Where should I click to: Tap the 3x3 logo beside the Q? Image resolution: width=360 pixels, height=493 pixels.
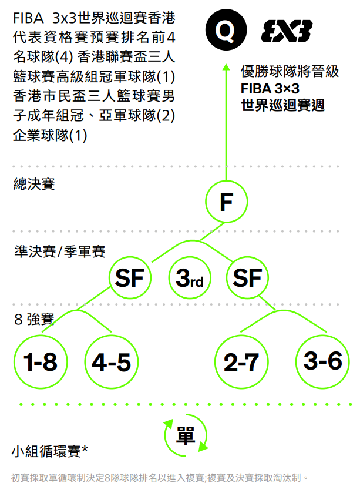(x=287, y=31)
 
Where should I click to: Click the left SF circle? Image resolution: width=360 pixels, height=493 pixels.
(x=130, y=277)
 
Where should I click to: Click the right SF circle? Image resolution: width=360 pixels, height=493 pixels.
(x=247, y=277)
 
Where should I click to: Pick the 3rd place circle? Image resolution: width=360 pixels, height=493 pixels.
(x=189, y=278)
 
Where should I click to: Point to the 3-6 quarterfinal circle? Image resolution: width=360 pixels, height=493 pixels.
(x=322, y=361)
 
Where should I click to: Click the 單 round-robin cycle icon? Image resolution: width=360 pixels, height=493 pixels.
(x=186, y=435)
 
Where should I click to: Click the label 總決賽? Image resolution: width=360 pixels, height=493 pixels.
(x=34, y=184)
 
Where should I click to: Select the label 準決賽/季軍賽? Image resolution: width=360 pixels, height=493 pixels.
(x=59, y=251)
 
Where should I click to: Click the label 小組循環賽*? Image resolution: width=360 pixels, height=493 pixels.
(x=50, y=451)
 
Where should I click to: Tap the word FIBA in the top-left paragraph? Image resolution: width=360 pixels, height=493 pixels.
(x=28, y=19)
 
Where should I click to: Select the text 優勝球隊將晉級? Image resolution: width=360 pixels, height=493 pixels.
(x=290, y=72)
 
